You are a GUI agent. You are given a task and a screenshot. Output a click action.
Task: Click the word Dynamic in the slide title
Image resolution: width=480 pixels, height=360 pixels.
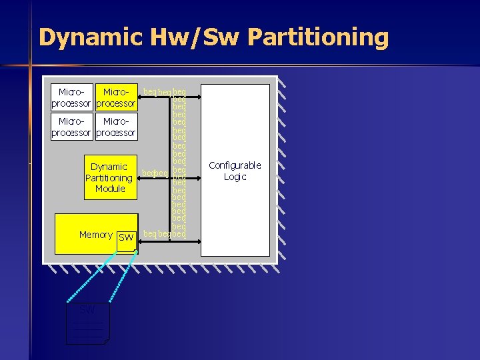tap(90, 37)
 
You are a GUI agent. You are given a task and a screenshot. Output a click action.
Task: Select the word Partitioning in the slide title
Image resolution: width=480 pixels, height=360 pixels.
tap(317, 37)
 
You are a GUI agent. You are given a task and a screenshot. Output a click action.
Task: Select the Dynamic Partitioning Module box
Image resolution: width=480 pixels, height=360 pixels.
tap(109, 177)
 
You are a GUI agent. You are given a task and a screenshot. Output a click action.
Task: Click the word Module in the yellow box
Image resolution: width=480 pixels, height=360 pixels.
tap(110, 189)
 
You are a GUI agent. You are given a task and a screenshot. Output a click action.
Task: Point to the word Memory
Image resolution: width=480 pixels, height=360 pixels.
tap(95, 235)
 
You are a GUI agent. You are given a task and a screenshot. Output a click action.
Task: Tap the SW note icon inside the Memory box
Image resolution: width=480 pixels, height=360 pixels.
tap(125, 240)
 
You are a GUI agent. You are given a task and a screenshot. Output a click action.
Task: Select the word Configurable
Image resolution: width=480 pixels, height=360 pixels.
tap(235, 165)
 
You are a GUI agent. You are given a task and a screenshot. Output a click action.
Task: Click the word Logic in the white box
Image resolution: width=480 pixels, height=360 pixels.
tap(235, 177)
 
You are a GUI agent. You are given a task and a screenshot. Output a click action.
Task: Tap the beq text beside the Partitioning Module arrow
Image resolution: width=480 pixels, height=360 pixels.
tap(154, 173)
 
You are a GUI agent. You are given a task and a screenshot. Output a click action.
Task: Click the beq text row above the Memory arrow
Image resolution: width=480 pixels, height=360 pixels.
tap(164, 233)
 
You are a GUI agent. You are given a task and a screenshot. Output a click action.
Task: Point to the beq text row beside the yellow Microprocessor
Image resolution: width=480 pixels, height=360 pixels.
tap(164, 90)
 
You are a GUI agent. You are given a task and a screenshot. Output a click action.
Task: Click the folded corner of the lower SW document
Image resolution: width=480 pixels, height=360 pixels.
tap(106, 341)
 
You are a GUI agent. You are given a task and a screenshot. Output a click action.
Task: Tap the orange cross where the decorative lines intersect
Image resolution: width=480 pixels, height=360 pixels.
tap(30, 65)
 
